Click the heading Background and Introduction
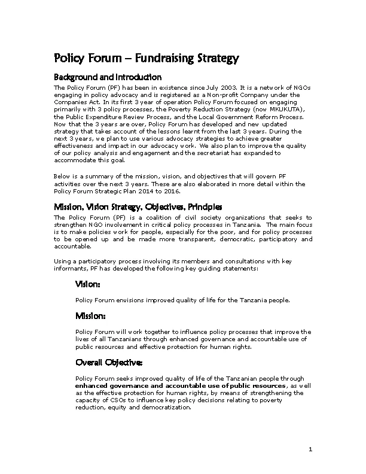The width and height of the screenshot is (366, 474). pyautogui.click(x=108, y=77)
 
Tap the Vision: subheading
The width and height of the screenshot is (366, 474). pyautogui.click(x=88, y=284)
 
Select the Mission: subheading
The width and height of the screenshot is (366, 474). pyautogui.click(x=91, y=315)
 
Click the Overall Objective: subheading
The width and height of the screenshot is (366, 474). pyautogui.click(x=109, y=363)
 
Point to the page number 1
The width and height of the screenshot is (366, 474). pyautogui.click(x=311, y=449)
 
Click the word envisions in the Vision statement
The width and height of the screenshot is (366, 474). pyautogui.click(x=120, y=299)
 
